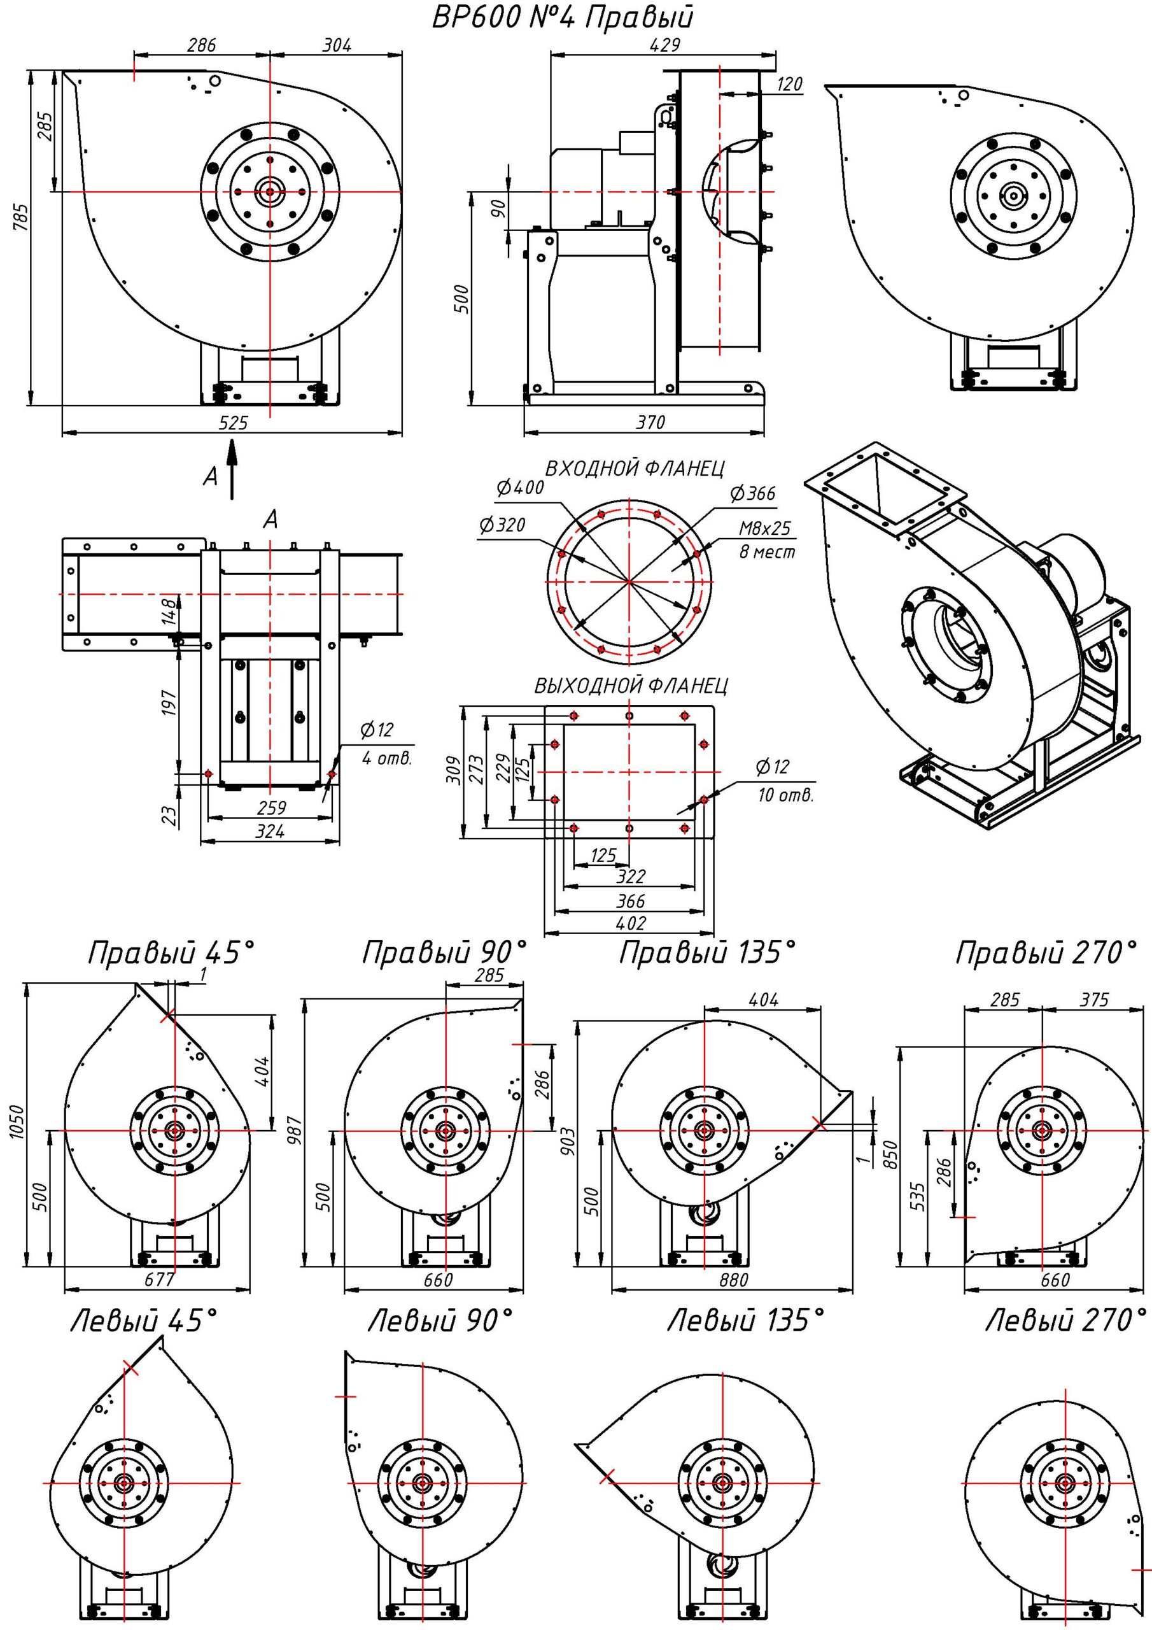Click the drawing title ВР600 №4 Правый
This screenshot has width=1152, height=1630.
click(x=562, y=18)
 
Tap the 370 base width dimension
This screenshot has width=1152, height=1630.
click(x=649, y=423)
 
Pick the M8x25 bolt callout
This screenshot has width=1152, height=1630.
click(x=764, y=529)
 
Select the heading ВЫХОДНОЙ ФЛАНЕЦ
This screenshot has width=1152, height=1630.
click(x=631, y=685)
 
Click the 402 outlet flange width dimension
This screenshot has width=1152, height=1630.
click(x=631, y=923)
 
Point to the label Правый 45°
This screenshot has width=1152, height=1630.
click(x=171, y=953)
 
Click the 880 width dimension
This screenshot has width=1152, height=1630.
click(x=733, y=1280)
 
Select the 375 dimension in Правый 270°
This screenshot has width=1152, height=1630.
click(x=1094, y=1000)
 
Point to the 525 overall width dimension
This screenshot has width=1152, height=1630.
click(x=233, y=423)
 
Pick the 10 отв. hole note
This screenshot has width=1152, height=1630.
click(x=784, y=795)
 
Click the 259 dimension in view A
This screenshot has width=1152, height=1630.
click(x=271, y=808)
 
